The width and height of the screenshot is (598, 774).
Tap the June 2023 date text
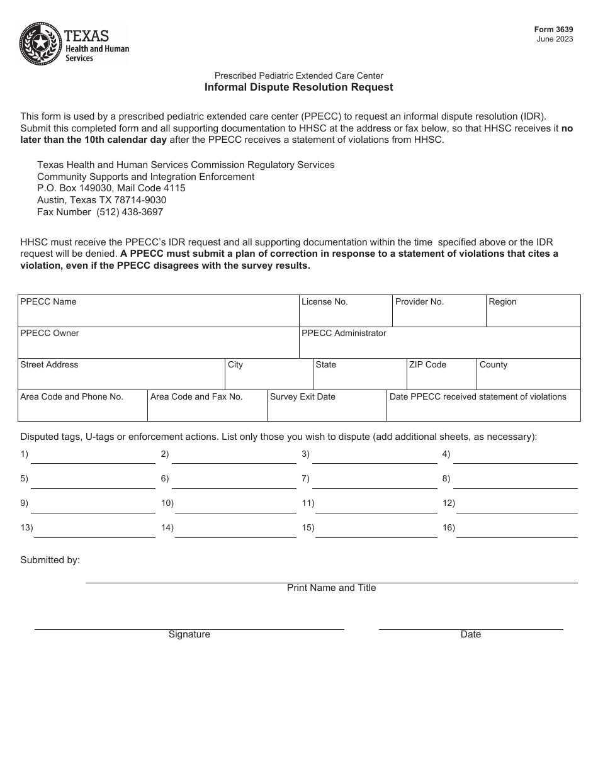[x=555, y=39]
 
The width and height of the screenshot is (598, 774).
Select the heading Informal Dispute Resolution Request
[x=298, y=87]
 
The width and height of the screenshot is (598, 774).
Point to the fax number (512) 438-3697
[x=129, y=212]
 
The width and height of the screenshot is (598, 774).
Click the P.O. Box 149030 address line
[x=111, y=188]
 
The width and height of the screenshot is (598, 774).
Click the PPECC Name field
[x=157, y=314]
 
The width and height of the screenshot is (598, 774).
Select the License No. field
[x=345, y=314]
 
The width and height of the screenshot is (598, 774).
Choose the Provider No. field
[x=439, y=314]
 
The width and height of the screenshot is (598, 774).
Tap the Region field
[x=533, y=314]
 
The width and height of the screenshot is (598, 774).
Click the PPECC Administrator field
[x=439, y=345]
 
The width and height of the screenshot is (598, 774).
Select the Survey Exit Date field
[x=326, y=409]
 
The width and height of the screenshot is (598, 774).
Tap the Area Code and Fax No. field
[x=207, y=409]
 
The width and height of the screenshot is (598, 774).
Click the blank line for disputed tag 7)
[x=374, y=482]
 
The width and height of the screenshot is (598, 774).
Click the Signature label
[x=189, y=634]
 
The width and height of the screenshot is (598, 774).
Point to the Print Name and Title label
[x=331, y=588]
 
